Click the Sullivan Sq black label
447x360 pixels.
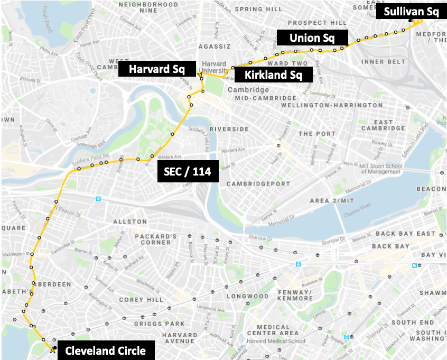(x=411, y=12)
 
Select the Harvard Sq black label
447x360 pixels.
(x=156, y=69)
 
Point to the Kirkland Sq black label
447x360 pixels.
(x=274, y=75)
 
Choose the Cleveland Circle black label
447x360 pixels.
(x=106, y=350)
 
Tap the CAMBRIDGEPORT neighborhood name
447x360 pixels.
(x=258, y=183)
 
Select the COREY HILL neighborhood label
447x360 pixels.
(x=139, y=299)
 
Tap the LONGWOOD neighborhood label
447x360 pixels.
(x=248, y=296)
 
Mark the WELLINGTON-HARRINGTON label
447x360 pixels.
(x=332, y=105)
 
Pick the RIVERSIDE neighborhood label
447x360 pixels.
(x=229, y=129)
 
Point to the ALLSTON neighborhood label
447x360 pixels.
(x=130, y=221)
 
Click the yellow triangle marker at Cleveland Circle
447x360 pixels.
(x=52, y=350)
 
